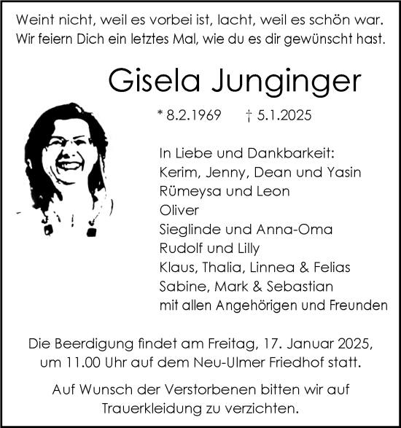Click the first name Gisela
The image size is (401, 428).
click(x=150, y=80)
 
